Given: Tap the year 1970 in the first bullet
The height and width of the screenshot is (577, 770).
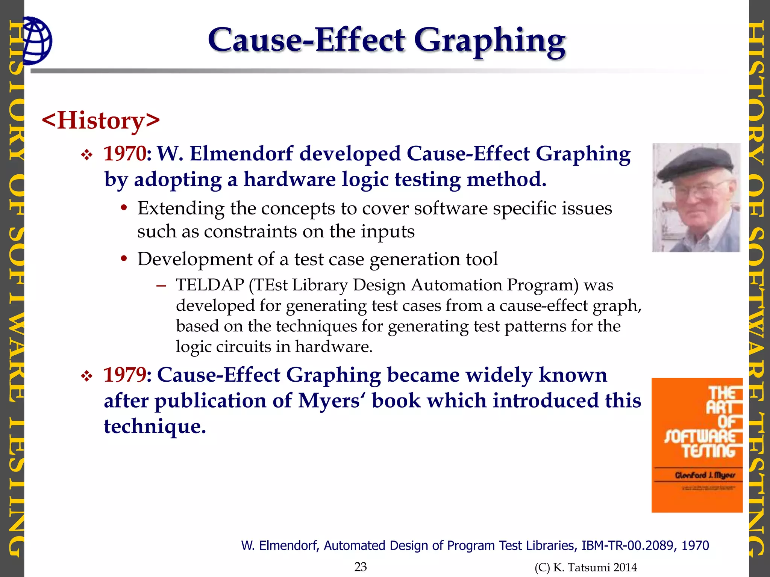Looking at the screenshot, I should pos(124,154).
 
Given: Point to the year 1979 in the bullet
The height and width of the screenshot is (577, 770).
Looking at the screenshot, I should pos(124,375).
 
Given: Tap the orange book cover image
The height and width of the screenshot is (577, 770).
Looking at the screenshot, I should pos(697,445).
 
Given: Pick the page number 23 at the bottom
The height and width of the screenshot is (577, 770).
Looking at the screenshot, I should pos(360,566).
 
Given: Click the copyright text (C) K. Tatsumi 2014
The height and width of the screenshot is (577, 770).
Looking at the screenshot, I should pos(586,567).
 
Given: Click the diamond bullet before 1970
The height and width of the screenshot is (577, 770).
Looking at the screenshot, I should pos(87,155).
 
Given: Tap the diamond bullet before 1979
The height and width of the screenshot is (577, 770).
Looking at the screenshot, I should pos(87,376).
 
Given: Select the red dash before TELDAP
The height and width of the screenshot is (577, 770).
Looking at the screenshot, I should pos(161,285).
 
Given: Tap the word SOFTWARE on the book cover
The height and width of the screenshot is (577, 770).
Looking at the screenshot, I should pos(702,437).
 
